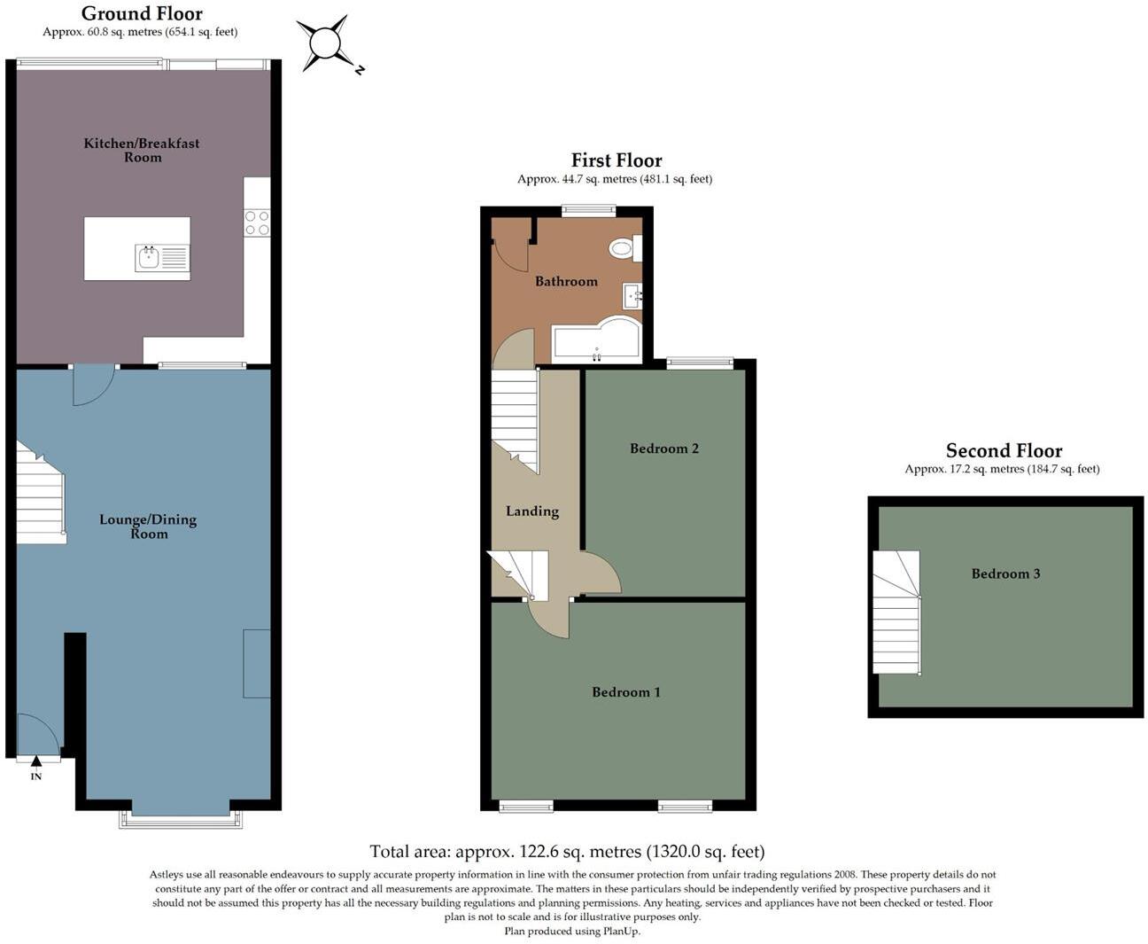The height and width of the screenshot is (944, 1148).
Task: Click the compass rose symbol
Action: pos(325,43)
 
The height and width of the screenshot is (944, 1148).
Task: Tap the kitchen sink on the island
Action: pos(148,258)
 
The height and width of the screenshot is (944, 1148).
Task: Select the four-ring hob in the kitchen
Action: pos(257,222)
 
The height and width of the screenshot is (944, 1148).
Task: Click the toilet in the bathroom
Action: pos(624,248)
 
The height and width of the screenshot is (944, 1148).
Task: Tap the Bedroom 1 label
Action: pos(625,692)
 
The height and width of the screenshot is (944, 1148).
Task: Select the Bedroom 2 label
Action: pos(663,449)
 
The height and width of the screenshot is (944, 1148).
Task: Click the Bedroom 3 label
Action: pos(1005,573)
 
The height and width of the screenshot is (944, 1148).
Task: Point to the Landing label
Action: pos(531,511)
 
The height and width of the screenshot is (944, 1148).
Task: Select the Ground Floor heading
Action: pos(142,13)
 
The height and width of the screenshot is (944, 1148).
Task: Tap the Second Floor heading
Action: pos(1003,450)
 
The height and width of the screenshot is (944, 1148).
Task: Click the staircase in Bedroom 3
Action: pos(896,612)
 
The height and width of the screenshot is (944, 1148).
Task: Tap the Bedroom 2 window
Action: pos(700,362)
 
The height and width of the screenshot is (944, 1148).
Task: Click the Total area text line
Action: pos(566,852)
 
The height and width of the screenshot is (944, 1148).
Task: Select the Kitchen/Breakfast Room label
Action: pos(142,150)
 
